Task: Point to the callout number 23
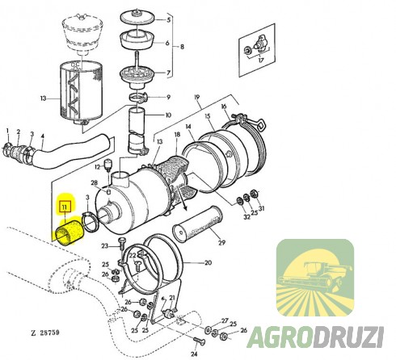tap(104, 245)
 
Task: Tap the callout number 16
tap(224, 108)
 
